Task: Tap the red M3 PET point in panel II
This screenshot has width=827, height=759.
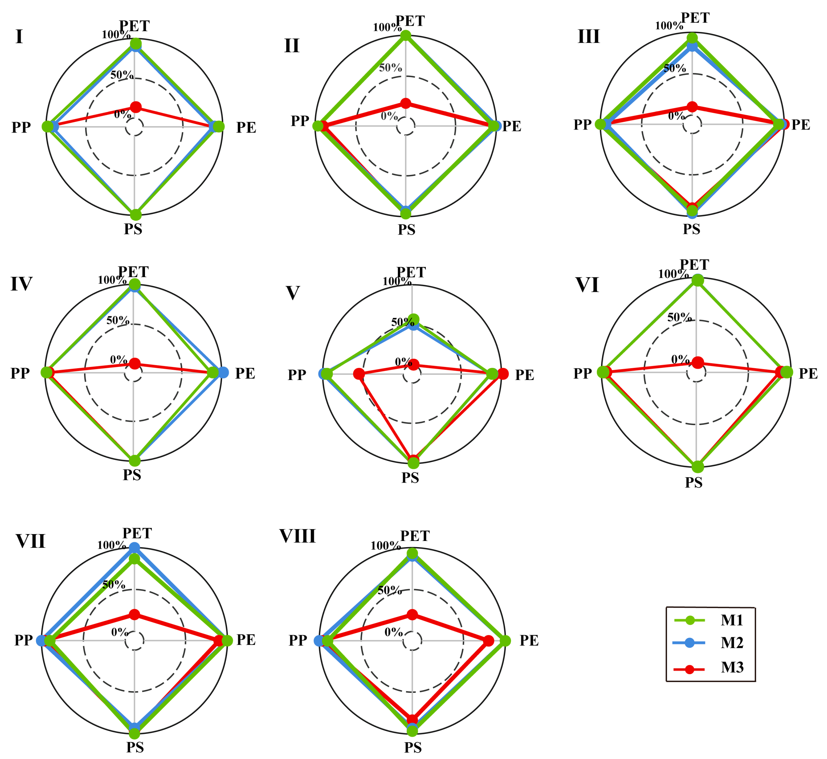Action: click(406, 103)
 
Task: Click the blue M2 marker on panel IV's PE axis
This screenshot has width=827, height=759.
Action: click(223, 372)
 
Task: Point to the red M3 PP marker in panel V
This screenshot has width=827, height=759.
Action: click(359, 374)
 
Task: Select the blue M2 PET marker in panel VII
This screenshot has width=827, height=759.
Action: click(134, 548)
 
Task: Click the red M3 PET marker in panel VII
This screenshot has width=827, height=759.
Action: click(134, 615)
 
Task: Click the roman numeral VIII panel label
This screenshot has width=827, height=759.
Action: click(297, 536)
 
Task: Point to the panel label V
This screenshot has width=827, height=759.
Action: click(292, 293)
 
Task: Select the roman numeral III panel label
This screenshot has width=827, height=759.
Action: click(588, 36)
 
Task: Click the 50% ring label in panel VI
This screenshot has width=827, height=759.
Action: click(679, 317)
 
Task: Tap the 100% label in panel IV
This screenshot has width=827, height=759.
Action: click(112, 280)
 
